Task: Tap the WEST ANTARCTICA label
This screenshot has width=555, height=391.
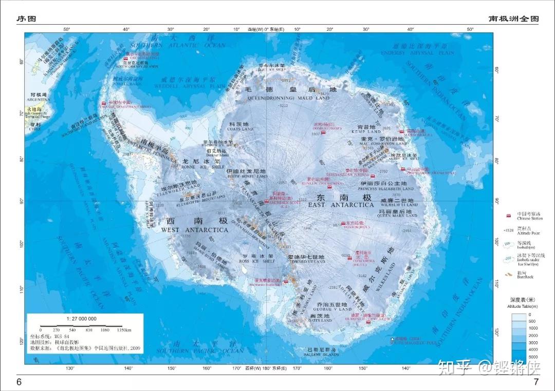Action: click(195, 230)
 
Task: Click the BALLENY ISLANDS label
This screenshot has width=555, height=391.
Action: click(322, 355)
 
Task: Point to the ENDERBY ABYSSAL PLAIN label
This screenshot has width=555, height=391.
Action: click(417, 52)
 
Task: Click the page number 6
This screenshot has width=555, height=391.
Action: click(19, 382)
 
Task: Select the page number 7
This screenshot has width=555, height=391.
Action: click(536, 382)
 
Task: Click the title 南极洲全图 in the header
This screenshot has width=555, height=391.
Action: click(514, 19)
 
